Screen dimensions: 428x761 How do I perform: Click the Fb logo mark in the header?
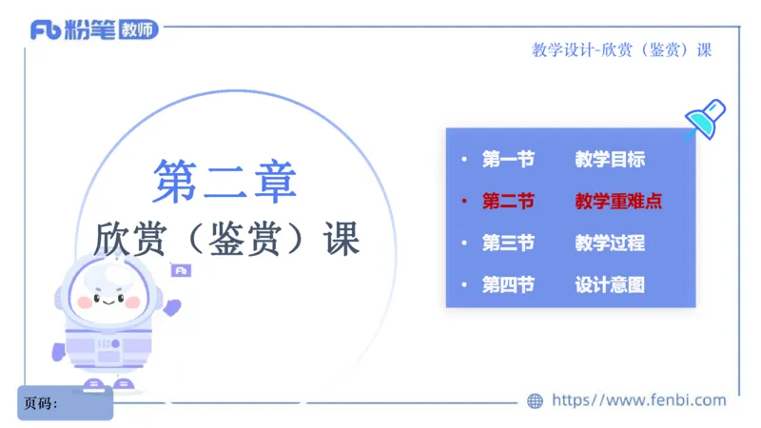pos(46,30)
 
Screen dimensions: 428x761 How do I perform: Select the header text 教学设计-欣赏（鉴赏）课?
pos(621,50)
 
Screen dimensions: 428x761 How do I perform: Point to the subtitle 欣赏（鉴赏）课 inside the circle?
pos(228,238)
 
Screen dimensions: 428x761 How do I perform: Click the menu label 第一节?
pos(508,160)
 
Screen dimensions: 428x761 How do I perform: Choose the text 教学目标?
pos(610,160)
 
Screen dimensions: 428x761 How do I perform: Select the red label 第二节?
pos(508,202)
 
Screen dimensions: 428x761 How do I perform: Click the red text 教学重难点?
pos(618,202)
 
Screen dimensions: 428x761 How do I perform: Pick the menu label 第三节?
pos(508,243)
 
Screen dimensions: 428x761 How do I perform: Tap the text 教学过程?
pos(610,243)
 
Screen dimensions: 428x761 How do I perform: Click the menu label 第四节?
pos(508,284)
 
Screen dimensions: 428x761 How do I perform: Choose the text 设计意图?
pos(610,284)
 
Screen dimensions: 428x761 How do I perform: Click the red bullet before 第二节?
pos(463,202)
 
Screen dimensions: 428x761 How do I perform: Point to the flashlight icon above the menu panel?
pos(705,120)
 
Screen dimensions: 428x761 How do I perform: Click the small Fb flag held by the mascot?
pos(181,271)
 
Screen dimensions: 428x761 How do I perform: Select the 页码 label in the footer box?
pos(40,403)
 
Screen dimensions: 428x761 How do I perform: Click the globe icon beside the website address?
pos(536,401)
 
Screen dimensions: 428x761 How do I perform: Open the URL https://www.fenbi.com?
pos(638,400)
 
